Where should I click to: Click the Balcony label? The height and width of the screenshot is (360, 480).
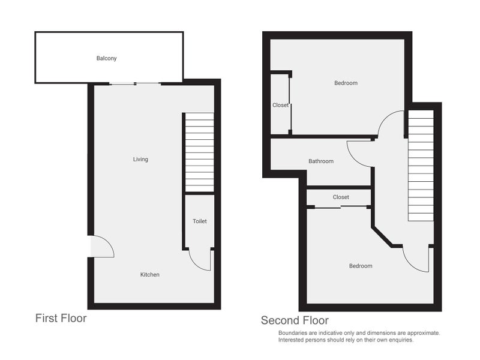(106, 58)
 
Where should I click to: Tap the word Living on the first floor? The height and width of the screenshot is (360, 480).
(140, 160)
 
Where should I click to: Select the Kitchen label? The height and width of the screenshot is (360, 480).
(149, 275)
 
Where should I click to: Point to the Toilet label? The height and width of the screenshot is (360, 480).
(199, 221)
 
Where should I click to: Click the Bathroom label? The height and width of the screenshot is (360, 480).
(320, 161)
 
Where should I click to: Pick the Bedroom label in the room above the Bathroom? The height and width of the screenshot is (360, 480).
(346, 83)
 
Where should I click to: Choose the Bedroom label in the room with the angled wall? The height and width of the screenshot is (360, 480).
(360, 266)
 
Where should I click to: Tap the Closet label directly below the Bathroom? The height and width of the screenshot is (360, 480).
(341, 197)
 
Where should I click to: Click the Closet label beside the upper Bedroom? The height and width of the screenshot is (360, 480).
(280, 105)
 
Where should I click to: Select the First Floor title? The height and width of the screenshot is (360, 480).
(61, 318)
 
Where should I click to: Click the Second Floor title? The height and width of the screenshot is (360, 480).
(294, 320)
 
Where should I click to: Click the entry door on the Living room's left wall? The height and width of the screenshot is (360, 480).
(102, 247)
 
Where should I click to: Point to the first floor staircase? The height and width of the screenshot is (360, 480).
(199, 152)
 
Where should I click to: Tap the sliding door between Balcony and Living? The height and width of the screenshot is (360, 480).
(135, 83)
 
